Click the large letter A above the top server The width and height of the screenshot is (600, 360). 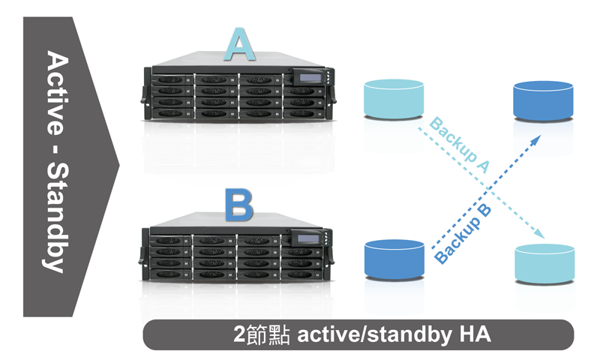[240, 44]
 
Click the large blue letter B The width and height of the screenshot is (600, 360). [239, 205]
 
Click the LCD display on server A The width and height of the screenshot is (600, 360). [310, 78]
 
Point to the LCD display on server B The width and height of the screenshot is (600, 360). [308, 238]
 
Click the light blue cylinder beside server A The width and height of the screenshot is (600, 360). [394, 99]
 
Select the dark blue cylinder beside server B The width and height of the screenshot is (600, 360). [394, 259]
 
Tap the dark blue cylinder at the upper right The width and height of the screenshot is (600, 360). [543, 100]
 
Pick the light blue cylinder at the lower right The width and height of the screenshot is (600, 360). [544, 263]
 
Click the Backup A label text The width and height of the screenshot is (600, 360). [460, 145]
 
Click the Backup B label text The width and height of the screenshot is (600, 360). [463, 234]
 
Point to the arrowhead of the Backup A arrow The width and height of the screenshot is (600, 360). [540, 234]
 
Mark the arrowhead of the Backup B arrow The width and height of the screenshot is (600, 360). [536, 139]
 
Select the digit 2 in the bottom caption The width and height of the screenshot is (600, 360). [239, 334]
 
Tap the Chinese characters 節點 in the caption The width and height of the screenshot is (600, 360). [268, 334]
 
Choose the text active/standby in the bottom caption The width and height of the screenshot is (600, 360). [374, 334]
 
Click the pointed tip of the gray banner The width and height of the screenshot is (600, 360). [119, 166]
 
